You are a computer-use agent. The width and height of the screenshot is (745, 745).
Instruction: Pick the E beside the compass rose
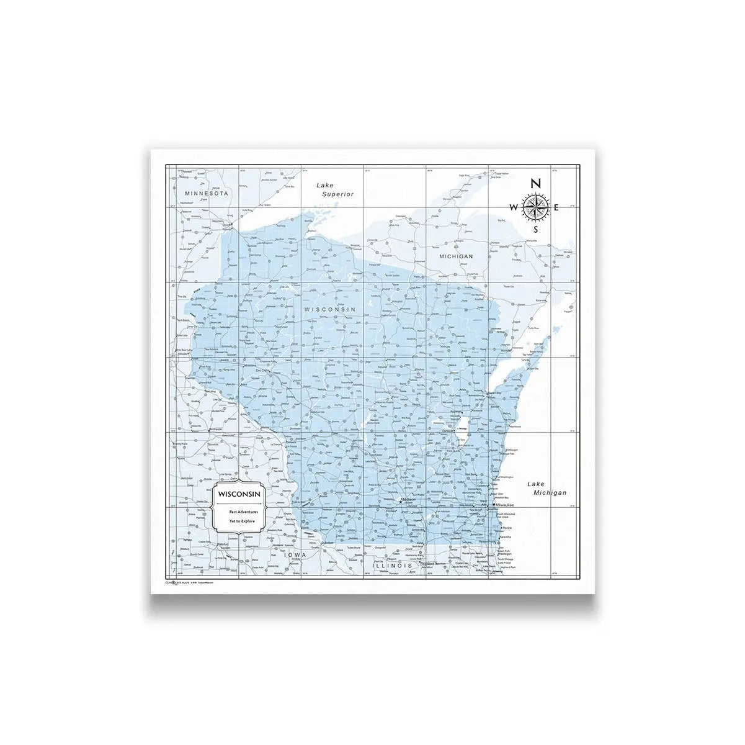557,207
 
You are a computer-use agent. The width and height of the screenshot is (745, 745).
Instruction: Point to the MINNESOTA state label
207,194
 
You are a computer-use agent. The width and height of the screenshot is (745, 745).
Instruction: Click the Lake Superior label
334,189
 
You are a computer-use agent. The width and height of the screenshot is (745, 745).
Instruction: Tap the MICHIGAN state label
456,256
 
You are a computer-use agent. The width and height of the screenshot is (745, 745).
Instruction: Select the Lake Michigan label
546,488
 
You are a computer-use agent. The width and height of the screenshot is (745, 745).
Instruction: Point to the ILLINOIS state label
392,566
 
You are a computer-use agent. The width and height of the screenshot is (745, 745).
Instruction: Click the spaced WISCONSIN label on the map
329,309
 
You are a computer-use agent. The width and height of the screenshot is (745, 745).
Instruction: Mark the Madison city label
409,499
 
